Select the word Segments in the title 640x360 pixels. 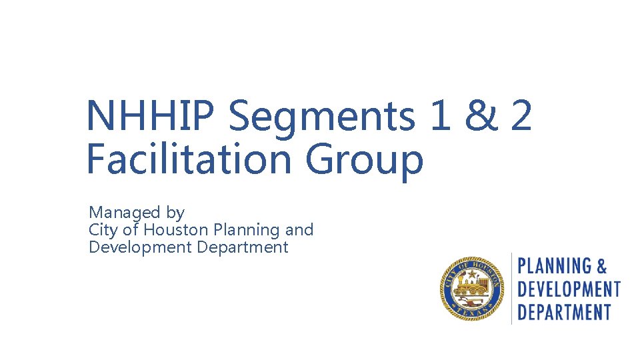pos(321,117)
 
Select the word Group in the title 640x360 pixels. pos(365,162)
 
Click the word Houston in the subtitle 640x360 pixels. pos(177,230)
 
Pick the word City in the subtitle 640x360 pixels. pos(101,231)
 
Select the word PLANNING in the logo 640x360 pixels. pos(555,267)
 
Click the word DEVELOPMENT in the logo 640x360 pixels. pos(569,289)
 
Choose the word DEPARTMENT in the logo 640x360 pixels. pos(564,311)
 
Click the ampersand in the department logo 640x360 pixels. pos(601,267)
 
